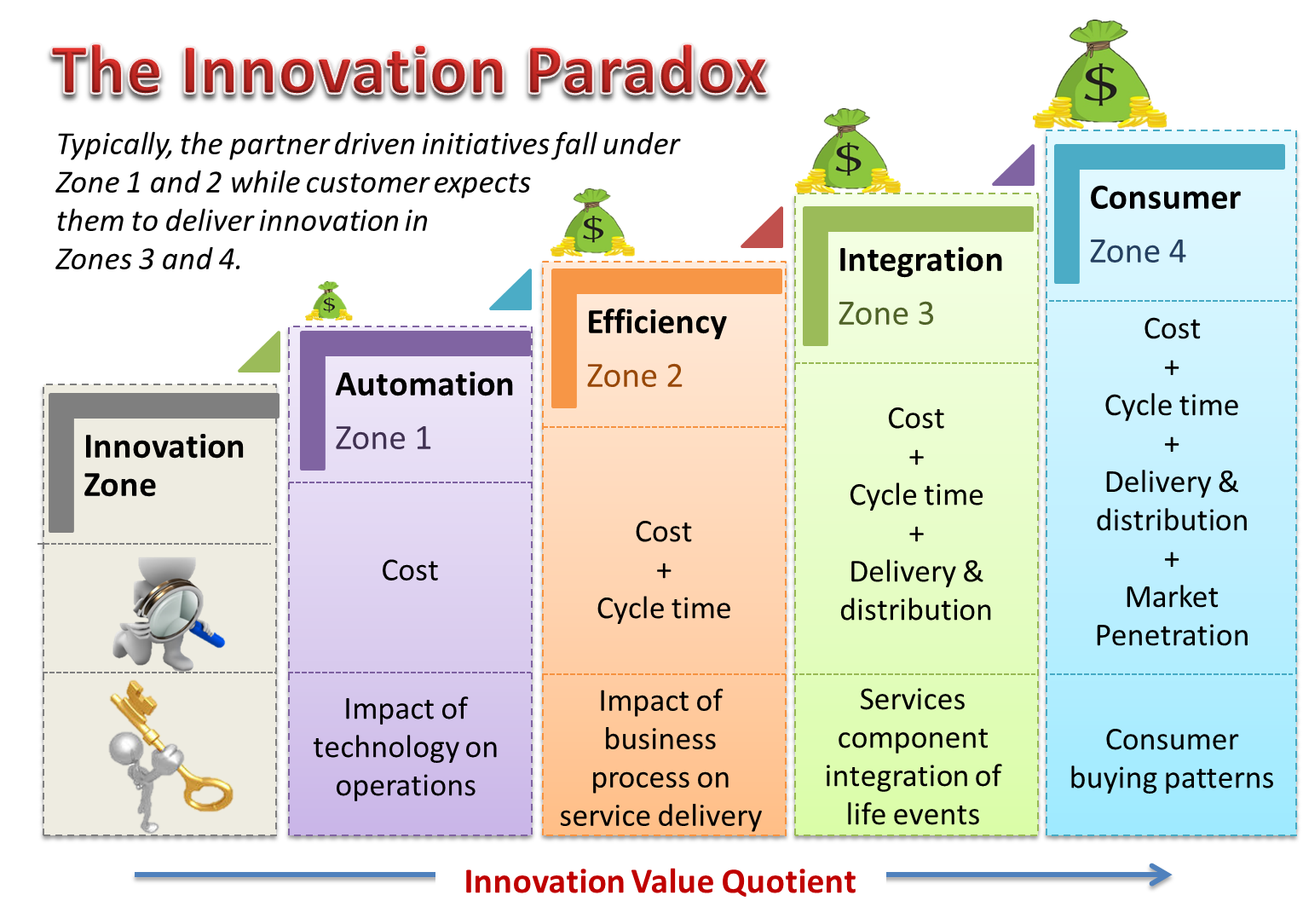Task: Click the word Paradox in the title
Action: [648, 72]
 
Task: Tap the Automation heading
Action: [424, 384]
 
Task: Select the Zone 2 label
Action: [634, 376]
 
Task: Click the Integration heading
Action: [920, 260]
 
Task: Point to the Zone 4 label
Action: [1137, 251]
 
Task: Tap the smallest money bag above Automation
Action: [329, 302]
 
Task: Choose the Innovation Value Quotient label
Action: [660, 881]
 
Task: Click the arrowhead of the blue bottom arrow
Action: [1161, 876]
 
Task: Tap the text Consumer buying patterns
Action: [1172, 759]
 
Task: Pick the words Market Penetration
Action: [1172, 616]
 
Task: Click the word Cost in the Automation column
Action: [410, 570]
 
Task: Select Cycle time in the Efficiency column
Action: [664, 609]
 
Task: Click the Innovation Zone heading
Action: [164, 465]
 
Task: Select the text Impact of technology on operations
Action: [406, 747]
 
